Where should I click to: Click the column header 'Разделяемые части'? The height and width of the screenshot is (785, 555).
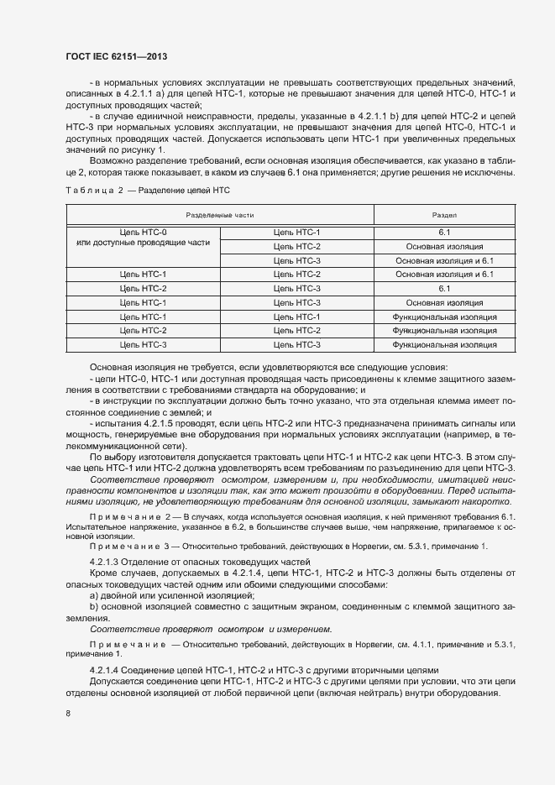click(219, 216)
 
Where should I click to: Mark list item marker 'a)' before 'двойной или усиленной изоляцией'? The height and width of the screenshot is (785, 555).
click(94, 594)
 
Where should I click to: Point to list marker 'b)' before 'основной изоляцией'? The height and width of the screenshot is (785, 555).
click(94, 605)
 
